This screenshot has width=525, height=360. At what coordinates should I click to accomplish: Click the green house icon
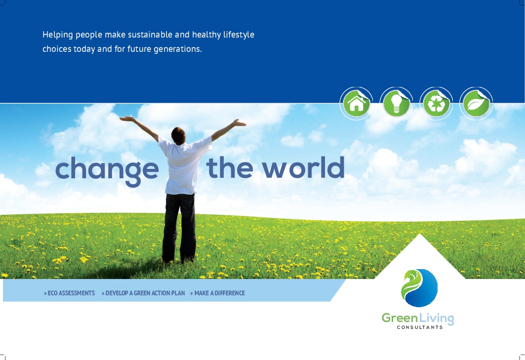pos(356,104)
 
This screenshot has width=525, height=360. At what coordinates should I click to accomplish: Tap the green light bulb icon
pos(396,104)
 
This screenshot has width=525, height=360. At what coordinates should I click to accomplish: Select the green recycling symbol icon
pos(436,104)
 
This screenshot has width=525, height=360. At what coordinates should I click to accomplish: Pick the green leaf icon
pos(476,104)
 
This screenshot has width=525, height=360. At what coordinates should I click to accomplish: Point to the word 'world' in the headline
pos(303,167)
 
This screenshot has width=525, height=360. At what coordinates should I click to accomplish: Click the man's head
pos(178,136)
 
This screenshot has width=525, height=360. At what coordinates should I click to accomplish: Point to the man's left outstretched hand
pos(126,119)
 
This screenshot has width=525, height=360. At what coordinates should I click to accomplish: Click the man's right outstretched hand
pos(240,123)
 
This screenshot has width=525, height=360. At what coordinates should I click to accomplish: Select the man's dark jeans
pos(179,228)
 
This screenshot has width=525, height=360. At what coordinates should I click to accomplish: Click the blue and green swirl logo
pos(419,288)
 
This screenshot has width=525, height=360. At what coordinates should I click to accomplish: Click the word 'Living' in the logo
pos(436,319)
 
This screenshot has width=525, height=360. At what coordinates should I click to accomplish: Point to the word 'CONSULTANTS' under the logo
pos(420,327)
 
